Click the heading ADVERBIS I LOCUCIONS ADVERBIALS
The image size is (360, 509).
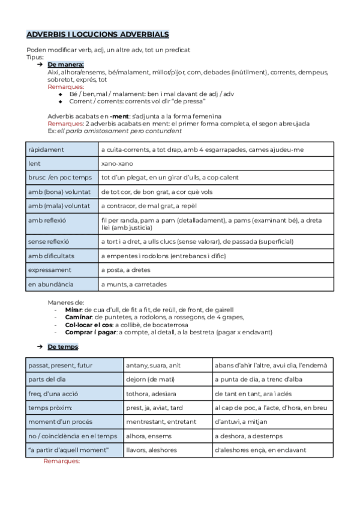[98, 35]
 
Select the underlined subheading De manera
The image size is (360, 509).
[65, 64]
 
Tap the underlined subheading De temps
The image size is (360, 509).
[63, 347]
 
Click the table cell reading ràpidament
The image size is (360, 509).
[46, 149]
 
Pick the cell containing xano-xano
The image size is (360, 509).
[117, 163]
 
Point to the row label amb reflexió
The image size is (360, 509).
[47, 220]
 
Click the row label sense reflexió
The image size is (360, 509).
[49, 241]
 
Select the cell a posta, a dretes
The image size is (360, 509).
[125, 270]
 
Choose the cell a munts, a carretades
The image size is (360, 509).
[134, 285]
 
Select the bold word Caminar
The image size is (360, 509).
[77, 317]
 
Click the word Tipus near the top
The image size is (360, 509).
[35, 57]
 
